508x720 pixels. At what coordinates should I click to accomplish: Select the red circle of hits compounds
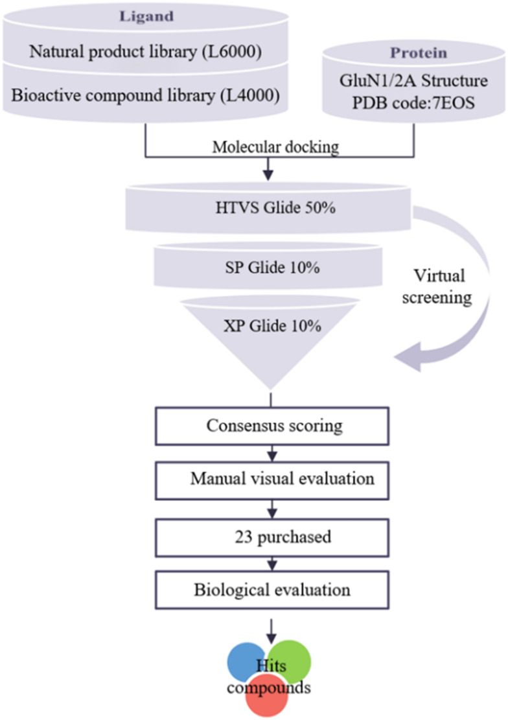coord(268,699)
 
